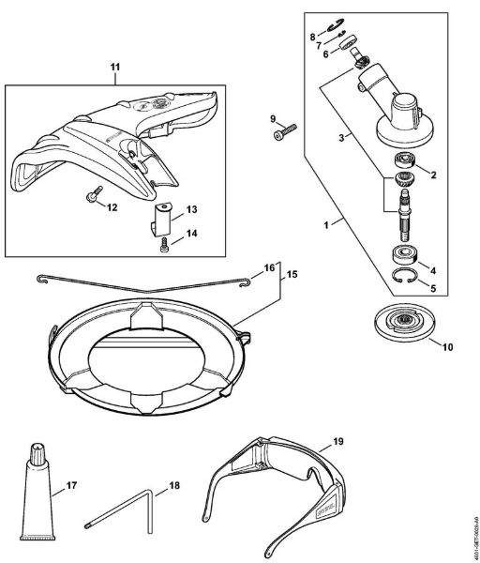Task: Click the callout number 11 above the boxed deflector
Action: (115, 68)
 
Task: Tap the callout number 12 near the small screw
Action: (112, 207)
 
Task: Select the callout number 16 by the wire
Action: (270, 268)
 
